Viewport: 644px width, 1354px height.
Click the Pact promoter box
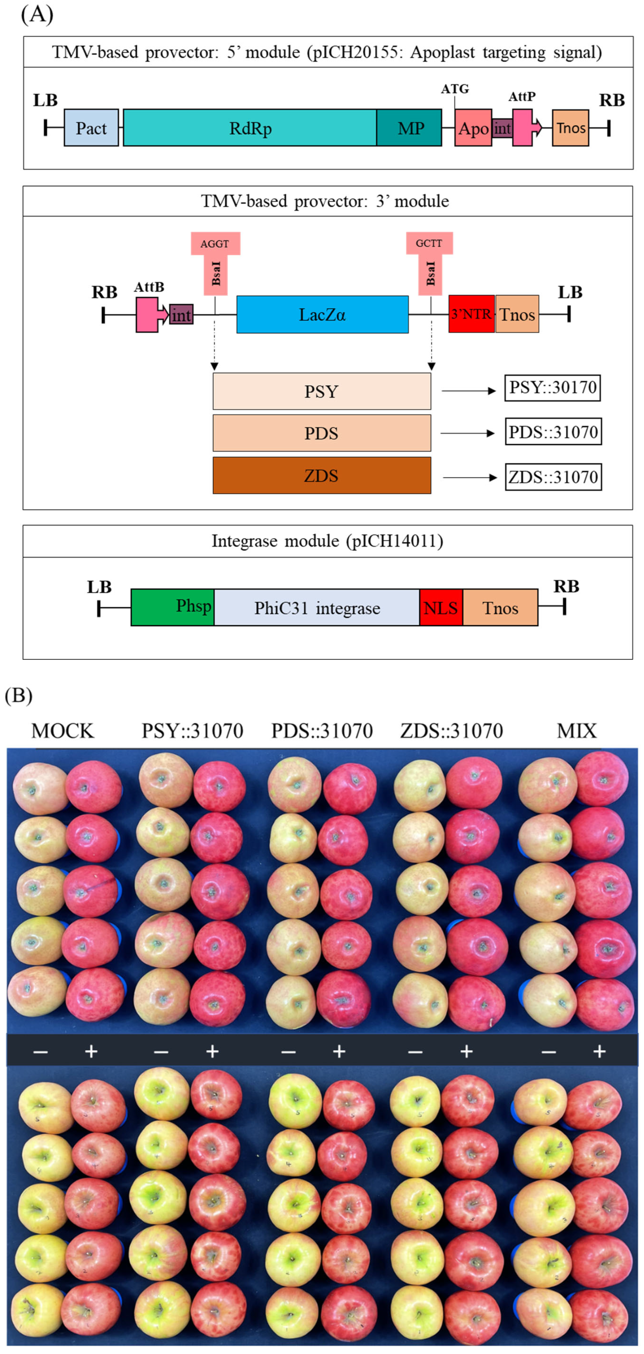pyautogui.click(x=91, y=128)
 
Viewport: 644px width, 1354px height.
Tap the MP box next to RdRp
pyautogui.click(x=409, y=128)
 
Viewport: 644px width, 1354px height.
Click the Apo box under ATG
pyautogui.click(x=473, y=128)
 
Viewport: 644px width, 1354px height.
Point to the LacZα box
pyautogui.click(x=322, y=314)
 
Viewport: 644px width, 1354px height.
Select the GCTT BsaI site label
pyautogui.click(x=429, y=243)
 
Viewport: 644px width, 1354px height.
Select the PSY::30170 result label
pyautogui.click(x=552, y=388)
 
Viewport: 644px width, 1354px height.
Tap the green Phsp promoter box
pyautogui.click(x=172, y=607)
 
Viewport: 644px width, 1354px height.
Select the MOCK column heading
pyautogui.click(x=63, y=731)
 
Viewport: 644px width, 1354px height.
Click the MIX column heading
pyautogui.click(x=577, y=731)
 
